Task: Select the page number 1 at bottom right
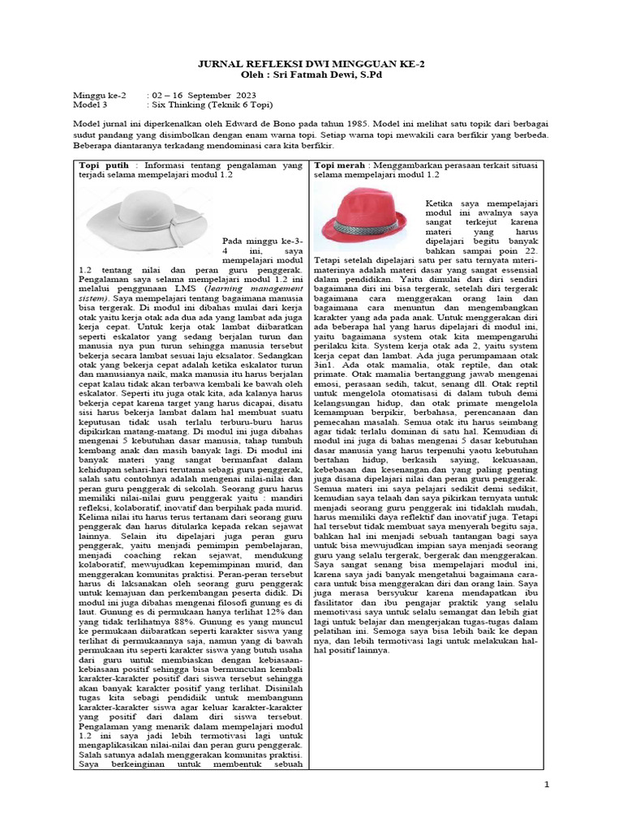547,784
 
